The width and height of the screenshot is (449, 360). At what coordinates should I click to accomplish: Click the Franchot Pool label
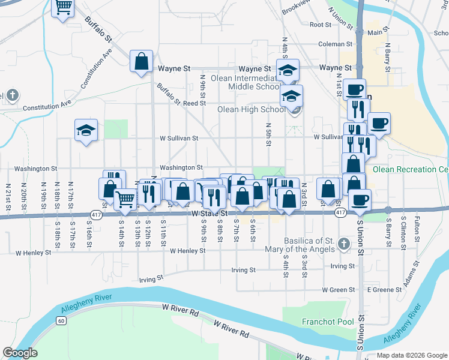[328, 322]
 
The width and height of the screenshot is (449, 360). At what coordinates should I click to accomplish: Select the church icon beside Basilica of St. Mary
[343, 244]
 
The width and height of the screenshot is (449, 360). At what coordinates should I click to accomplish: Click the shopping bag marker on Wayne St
[141, 61]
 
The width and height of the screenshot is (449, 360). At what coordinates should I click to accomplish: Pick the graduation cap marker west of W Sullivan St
[86, 130]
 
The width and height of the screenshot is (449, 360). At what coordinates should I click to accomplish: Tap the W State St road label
[210, 214]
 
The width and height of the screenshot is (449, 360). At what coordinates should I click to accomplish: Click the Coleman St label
[334, 43]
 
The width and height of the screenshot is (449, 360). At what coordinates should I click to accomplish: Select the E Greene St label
[384, 290]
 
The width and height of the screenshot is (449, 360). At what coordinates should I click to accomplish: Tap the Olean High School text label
[252, 110]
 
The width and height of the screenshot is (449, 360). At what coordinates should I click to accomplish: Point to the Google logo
[20, 353]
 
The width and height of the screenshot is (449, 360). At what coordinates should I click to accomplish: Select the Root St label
[321, 25]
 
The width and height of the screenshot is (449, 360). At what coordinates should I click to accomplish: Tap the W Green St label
[339, 290]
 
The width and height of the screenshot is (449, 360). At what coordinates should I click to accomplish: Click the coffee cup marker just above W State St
[360, 200]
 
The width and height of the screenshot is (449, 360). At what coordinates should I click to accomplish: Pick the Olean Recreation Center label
[411, 170]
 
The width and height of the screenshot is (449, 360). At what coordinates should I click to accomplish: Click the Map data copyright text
[411, 355]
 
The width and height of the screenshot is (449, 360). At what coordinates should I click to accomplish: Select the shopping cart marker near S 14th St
[125, 199]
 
